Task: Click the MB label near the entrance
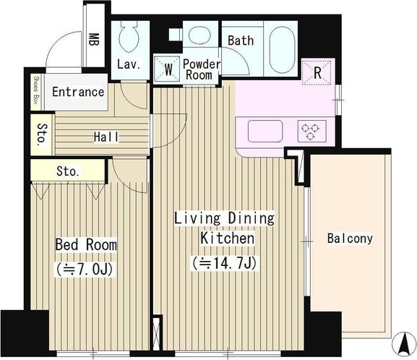[94, 38]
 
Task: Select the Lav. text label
[129, 66]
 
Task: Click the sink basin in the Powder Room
[197, 33]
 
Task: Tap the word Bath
[241, 40]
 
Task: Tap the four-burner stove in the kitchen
[311, 131]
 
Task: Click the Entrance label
[78, 93]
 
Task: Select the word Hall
[106, 137]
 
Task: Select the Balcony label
[350, 238]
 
